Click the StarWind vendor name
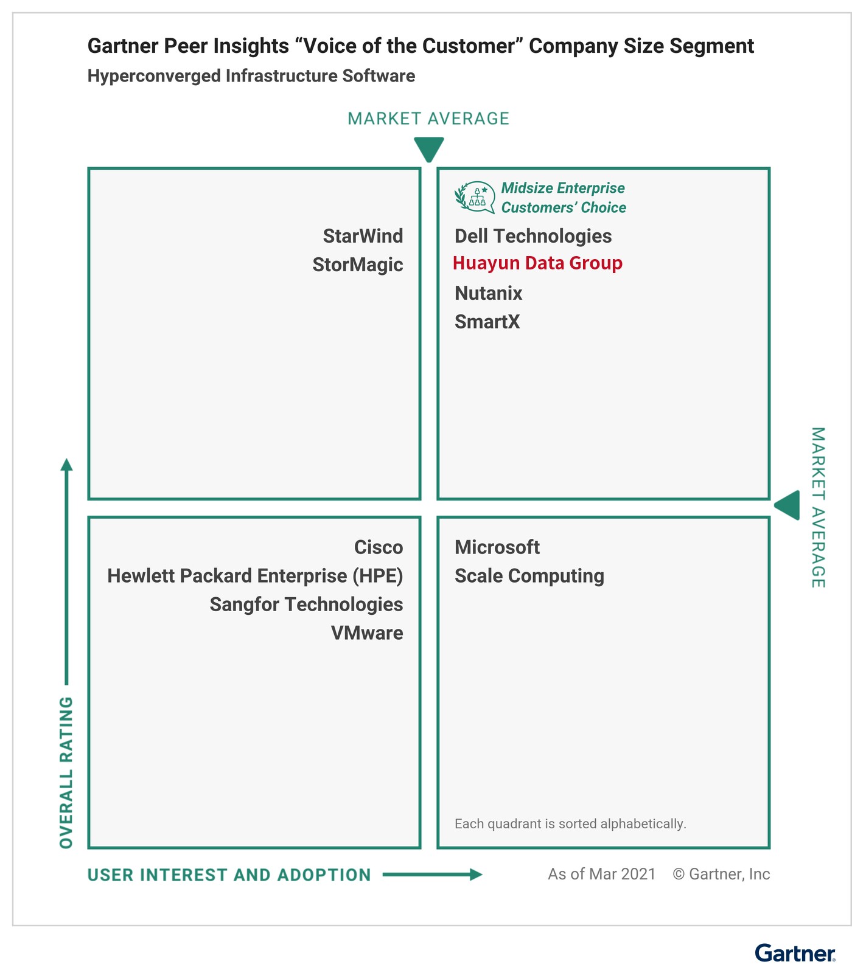(363, 236)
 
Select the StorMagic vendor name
(358, 265)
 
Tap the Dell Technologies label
(533, 236)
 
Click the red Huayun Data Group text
(537, 263)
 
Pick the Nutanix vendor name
(488, 293)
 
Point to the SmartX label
(487, 322)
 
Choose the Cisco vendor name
(379, 547)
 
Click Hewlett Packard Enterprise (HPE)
(255, 576)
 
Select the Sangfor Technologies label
(306, 605)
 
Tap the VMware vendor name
(367, 633)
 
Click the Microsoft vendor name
(497, 547)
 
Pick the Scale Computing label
(529, 576)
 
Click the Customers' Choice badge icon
(475, 197)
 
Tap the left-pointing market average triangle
(789, 505)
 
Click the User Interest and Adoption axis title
(229, 875)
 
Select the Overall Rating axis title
(66, 772)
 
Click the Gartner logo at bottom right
(795, 953)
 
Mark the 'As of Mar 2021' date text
(602, 875)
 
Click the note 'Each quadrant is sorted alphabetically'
(570, 824)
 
